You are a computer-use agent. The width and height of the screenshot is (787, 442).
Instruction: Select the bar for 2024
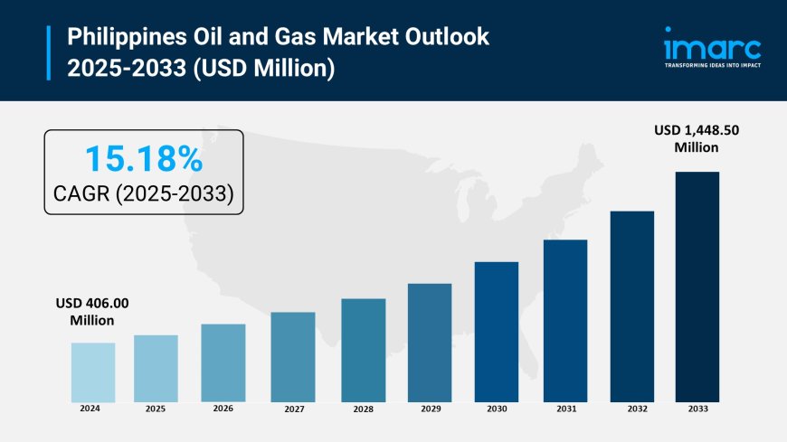pyautogui.click(x=93, y=371)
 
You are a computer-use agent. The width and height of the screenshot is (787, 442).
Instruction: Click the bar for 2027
pyautogui.click(x=292, y=356)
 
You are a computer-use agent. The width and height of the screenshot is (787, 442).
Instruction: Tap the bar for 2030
pyautogui.click(x=497, y=331)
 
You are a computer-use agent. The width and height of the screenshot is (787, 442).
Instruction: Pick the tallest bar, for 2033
pyautogui.click(x=697, y=286)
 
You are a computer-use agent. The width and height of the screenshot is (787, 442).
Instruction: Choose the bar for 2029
pyautogui.click(x=430, y=342)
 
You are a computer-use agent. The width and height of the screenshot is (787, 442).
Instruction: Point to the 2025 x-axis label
pyautogui.click(x=155, y=409)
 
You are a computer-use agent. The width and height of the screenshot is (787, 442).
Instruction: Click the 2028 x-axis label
pyautogui.click(x=363, y=409)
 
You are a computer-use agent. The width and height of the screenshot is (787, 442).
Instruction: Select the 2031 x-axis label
pyautogui.click(x=566, y=409)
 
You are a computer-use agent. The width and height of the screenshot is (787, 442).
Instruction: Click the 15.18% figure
pyautogui.click(x=144, y=160)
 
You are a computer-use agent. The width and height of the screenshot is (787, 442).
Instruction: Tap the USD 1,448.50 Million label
pyautogui.click(x=696, y=139)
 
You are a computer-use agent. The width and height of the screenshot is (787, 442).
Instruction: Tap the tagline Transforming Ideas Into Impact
pyautogui.click(x=712, y=65)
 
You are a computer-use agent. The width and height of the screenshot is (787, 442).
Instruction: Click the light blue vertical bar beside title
pyautogui.click(x=50, y=52)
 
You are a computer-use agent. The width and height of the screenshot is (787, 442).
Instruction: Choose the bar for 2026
pyautogui.click(x=223, y=362)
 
